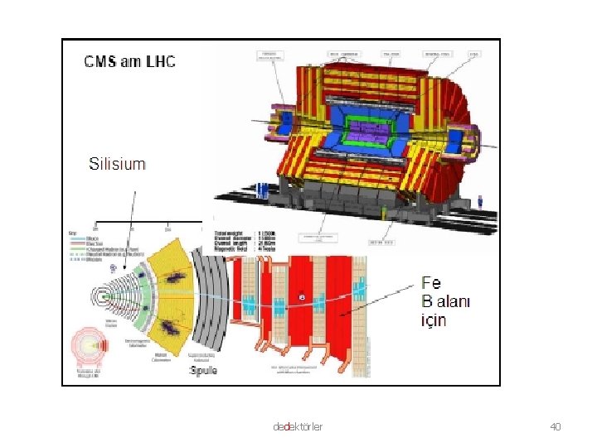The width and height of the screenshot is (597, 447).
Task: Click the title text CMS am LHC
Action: point(130,61)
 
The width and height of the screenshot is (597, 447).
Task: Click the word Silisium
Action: point(117,164)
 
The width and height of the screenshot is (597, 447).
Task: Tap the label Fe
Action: point(431,283)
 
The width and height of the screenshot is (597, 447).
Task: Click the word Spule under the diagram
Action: point(204,370)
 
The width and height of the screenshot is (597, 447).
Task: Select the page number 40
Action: point(556,426)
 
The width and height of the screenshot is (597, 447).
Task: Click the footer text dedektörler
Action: point(298,426)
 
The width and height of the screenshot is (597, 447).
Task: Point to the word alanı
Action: point(454,301)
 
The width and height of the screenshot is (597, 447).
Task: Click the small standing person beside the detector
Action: point(480,201)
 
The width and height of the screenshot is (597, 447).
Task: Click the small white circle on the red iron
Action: point(301,296)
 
